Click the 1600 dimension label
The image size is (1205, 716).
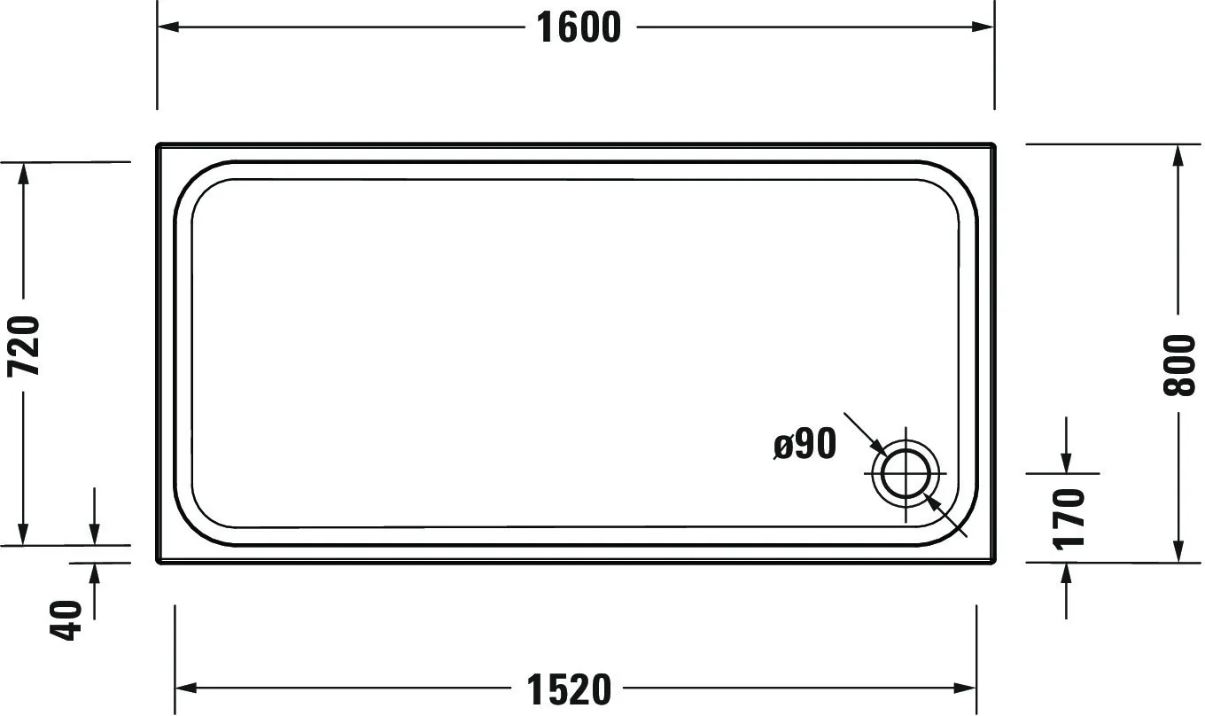pyautogui.click(x=579, y=27)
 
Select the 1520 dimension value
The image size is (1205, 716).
pyautogui.click(x=569, y=689)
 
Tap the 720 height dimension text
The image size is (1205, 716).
pyautogui.click(x=24, y=346)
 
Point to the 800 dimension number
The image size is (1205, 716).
pyautogui.click(x=1178, y=365)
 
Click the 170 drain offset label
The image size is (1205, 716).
pyautogui.click(x=1068, y=518)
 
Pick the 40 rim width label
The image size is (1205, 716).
pyautogui.click(x=66, y=620)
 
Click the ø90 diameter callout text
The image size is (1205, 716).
pyautogui.click(x=805, y=444)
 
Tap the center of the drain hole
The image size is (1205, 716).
pyautogui.click(x=906, y=474)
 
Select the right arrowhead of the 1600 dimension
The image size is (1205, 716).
pyautogui.click(x=983, y=27)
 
